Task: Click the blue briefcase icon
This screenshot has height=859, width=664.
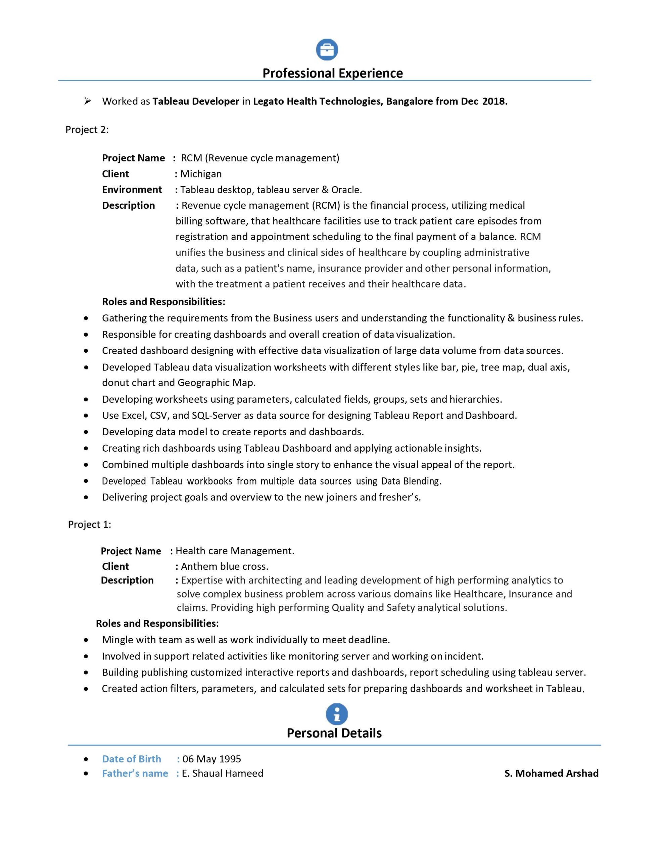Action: pyautogui.click(x=327, y=50)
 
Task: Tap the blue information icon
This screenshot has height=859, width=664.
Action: pyautogui.click(x=336, y=714)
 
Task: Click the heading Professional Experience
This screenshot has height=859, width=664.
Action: pyautogui.click(x=333, y=73)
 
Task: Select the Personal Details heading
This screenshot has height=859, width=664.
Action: pyautogui.click(x=334, y=733)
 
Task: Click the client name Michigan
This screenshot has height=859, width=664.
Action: pyautogui.click(x=201, y=174)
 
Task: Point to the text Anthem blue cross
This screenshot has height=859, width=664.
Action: pyautogui.click(x=224, y=566)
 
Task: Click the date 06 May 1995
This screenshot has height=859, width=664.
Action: pyautogui.click(x=212, y=759)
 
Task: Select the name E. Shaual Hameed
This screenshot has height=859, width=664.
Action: pyautogui.click(x=222, y=773)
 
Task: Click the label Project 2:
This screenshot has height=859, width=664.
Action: pyautogui.click(x=87, y=130)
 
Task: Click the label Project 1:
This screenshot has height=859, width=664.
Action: pyautogui.click(x=89, y=524)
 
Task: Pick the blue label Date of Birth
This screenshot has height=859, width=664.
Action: pyautogui.click(x=132, y=759)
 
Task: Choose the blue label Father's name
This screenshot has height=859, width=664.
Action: pyautogui.click(x=135, y=773)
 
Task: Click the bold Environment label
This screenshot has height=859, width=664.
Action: pyautogui.click(x=132, y=190)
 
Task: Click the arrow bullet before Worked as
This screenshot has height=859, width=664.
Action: pyautogui.click(x=87, y=101)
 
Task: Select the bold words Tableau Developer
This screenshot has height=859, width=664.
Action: pyautogui.click(x=196, y=101)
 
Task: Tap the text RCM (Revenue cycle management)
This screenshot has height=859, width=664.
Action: pyautogui.click(x=260, y=158)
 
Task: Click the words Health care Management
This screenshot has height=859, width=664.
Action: pyautogui.click(x=235, y=551)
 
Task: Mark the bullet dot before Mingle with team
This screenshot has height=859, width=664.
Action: pyautogui.click(x=86, y=640)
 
